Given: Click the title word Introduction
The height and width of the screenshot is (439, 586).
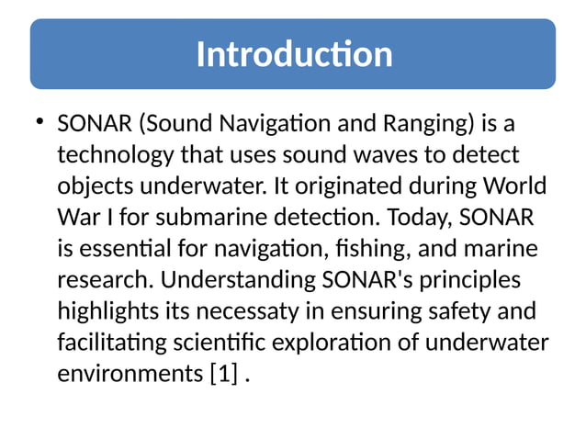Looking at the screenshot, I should click(x=294, y=55).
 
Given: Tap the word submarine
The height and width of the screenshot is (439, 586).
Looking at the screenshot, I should click(x=227, y=219).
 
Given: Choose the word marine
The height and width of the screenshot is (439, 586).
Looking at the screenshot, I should click(x=501, y=250).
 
